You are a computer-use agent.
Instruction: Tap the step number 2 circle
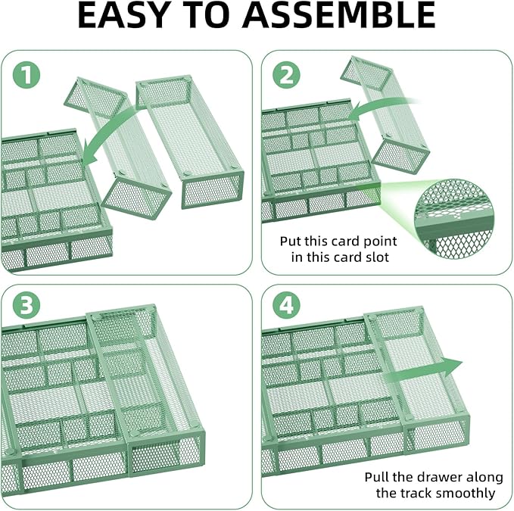[x=287, y=76]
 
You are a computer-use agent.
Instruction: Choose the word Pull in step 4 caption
[x=377, y=477]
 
